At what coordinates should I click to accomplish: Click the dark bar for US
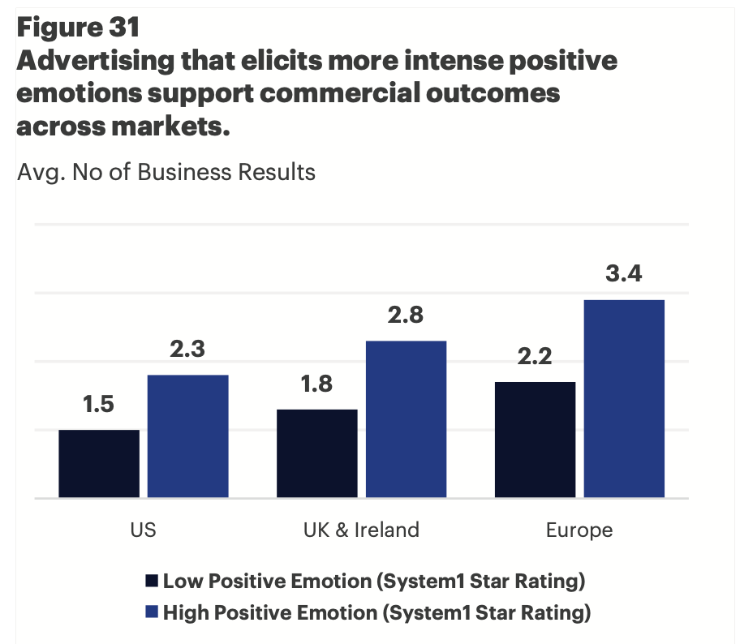(x=99, y=463)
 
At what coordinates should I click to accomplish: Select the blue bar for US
(x=187, y=436)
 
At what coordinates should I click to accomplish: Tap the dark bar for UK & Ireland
(x=317, y=453)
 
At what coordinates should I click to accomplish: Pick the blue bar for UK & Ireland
(x=406, y=419)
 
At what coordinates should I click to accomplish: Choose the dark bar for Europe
(x=536, y=439)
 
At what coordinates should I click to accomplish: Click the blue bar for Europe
(x=624, y=398)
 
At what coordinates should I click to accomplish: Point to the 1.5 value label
(x=98, y=405)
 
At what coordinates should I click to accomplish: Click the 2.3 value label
(x=187, y=350)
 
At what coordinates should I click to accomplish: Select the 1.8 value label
(x=316, y=384)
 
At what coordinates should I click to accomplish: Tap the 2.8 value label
(x=406, y=315)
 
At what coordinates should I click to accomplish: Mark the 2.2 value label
(x=536, y=356)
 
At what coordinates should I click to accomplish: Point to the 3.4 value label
(x=624, y=274)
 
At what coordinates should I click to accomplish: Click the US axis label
(x=143, y=530)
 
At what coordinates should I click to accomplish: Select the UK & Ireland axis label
(x=361, y=530)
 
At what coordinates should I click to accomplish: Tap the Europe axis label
(x=579, y=530)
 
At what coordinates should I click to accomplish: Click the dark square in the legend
(x=151, y=582)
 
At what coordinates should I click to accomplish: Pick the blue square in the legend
(x=151, y=613)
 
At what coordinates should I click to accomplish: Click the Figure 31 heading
(x=78, y=28)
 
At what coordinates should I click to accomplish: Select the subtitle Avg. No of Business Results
(x=166, y=172)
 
